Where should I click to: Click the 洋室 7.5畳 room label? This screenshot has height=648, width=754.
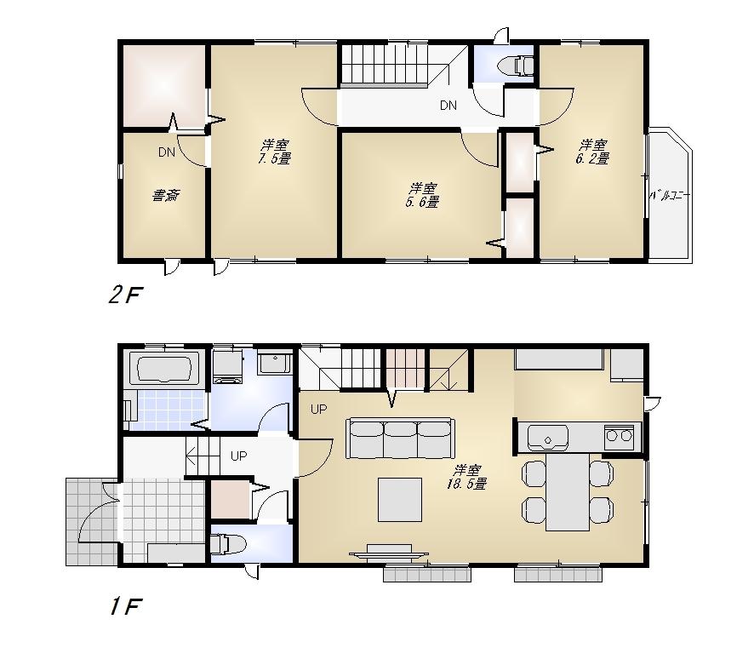[x=274, y=152]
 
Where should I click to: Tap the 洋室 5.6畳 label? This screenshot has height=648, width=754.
[x=423, y=195]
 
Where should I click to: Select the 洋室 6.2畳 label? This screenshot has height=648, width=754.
[x=593, y=152]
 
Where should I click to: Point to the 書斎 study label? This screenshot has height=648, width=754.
[x=165, y=195]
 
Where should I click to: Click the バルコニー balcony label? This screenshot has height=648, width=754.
[x=669, y=196]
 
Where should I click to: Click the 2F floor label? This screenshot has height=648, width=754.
[x=124, y=295]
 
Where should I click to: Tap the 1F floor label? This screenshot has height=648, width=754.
[x=124, y=606]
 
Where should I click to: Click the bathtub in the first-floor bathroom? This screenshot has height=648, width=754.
[x=164, y=370]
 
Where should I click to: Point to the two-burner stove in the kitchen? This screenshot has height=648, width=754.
[x=619, y=438]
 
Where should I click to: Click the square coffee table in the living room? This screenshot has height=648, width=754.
[x=400, y=499]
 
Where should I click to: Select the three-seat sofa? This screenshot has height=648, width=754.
[x=399, y=437]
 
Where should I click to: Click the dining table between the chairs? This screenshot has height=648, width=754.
[x=568, y=492]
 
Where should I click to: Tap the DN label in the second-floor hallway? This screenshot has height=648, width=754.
[x=448, y=106]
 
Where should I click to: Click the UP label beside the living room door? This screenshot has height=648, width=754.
[x=318, y=410]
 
